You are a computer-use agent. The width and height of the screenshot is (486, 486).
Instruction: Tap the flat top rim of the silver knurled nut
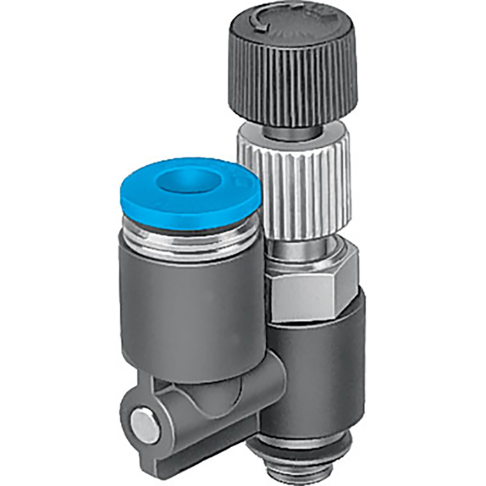point(292,133)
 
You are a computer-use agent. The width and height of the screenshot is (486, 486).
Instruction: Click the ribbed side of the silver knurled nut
point(292,181)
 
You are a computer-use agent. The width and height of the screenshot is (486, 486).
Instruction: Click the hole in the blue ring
point(183,182)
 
